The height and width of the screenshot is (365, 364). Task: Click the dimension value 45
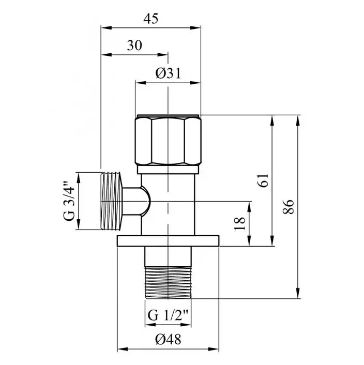click(x=151, y=19)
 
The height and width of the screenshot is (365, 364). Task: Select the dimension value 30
click(x=134, y=45)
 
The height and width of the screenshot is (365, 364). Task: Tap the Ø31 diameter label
click(x=168, y=73)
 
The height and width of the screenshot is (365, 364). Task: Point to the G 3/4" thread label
click(x=69, y=201)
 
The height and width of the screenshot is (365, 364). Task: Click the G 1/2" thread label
click(x=168, y=316)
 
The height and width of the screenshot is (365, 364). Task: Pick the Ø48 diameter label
click(x=168, y=339)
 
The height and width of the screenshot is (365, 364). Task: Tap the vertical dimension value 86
click(x=289, y=206)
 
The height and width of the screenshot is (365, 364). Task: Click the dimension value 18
click(x=240, y=223)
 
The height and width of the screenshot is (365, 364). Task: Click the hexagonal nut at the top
click(x=168, y=140)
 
